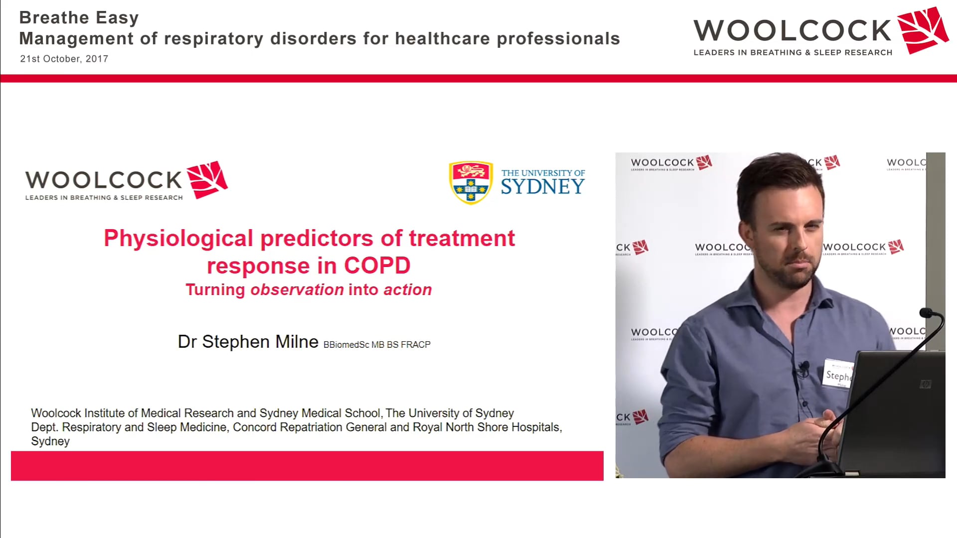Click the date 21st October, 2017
click(x=64, y=59)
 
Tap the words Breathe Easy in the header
click(x=79, y=18)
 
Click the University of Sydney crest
click(x=471, y=182)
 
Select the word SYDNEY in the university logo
click(x=542, y=187)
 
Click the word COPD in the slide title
click(x=377, y=266)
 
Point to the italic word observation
click(x=297, y=290)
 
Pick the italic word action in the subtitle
click(x=407, y=290)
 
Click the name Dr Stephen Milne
click(x=248, y=342)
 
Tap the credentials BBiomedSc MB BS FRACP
click(x=377, y=345)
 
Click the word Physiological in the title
click(x=178, y=238)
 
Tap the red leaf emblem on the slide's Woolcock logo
click(x=207, y=179)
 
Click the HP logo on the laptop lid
click(x=925, y=384)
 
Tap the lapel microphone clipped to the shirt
click(x=803, y=368)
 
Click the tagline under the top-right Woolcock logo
click(x=793, y=53)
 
